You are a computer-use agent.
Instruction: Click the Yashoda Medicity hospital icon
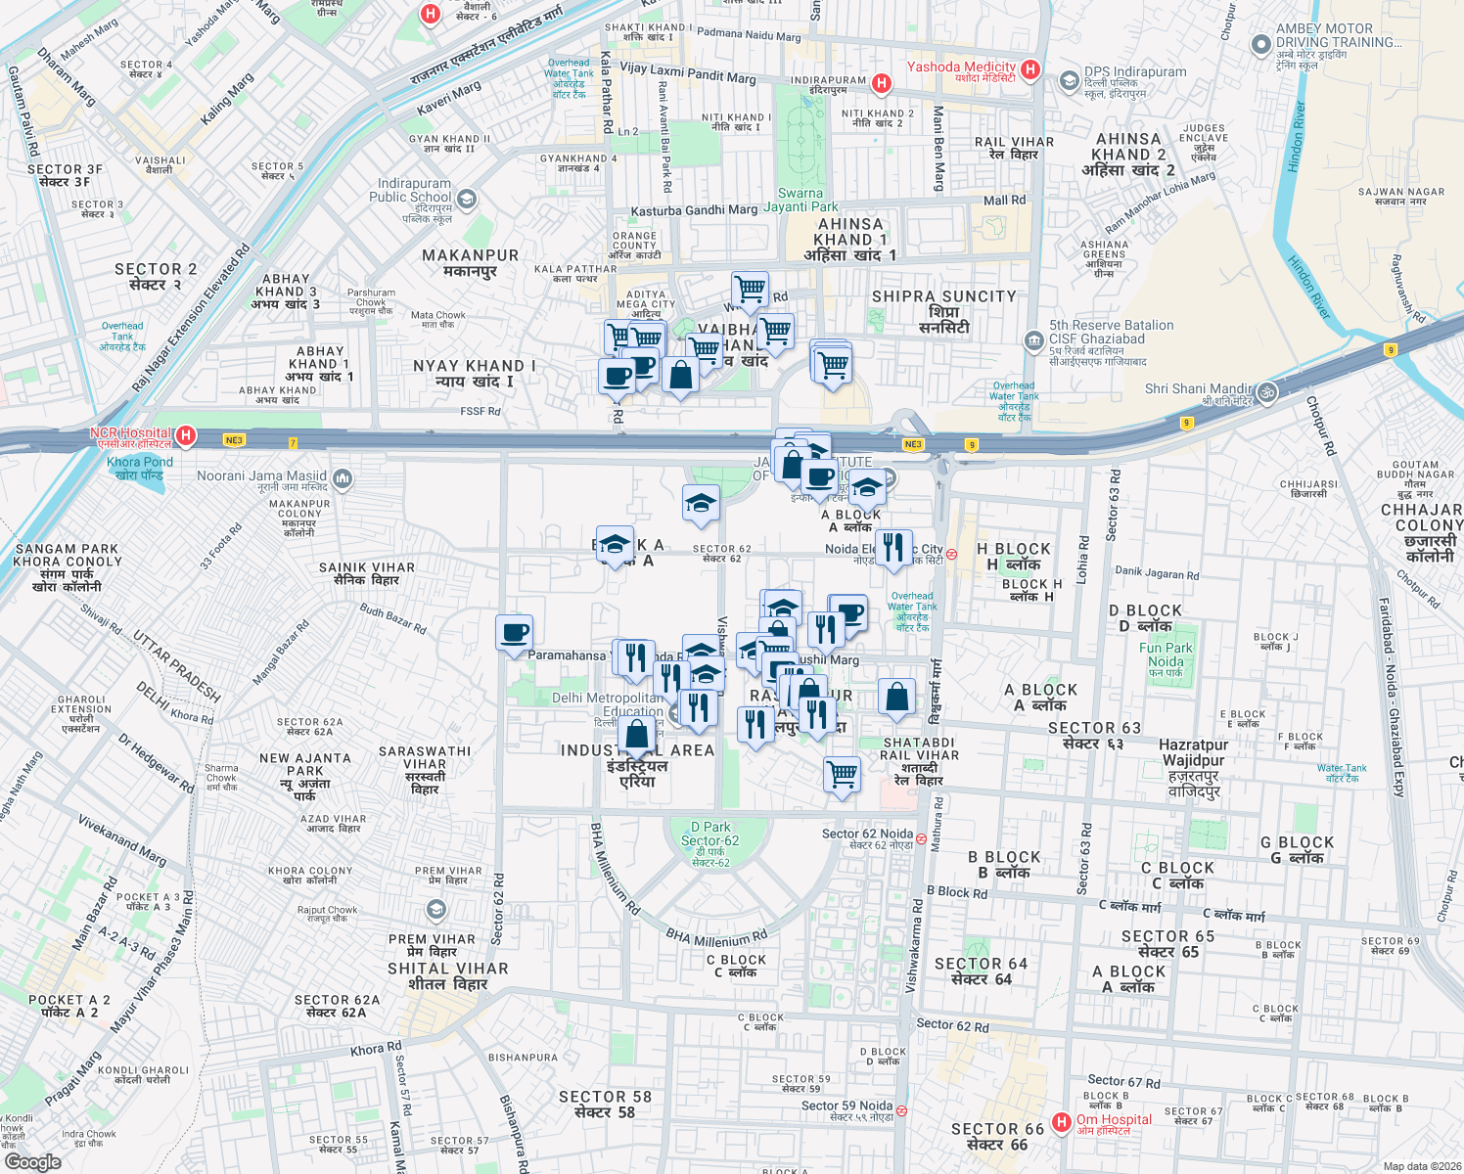coord(1029,69)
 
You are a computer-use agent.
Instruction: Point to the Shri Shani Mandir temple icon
coord(1267,392)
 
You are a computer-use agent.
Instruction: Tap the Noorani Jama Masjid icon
coord(343,478)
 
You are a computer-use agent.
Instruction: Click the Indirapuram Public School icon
coord(467,201)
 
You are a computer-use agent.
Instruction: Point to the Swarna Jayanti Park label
coord(801,201)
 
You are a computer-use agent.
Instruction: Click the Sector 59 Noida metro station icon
coord(901,1110)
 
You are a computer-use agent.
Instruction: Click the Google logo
coord(32,1162)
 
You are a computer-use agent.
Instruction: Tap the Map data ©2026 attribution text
coord(1421,1166)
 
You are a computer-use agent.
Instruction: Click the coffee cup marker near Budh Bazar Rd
coord(514,633)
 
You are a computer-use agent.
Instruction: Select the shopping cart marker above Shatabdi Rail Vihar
coord(843,775)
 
